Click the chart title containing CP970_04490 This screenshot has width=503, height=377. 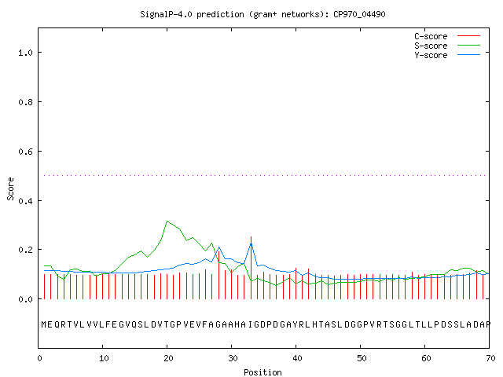263,14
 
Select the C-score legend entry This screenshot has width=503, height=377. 447,36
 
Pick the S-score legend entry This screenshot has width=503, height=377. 447,46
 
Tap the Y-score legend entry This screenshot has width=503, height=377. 447,55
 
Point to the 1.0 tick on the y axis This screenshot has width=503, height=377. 25,53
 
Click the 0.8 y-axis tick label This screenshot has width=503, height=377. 25,102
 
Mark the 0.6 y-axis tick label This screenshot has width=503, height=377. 25,152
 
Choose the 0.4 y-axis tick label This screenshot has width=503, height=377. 25,201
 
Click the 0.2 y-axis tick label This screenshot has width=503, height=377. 25,250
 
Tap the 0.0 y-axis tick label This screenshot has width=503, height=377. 25,299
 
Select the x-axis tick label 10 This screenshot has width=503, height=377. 103,358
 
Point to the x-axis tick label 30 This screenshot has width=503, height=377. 233,358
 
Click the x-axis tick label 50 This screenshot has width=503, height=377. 362,358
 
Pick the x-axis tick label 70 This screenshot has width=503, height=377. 490,358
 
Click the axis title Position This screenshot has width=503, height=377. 263,372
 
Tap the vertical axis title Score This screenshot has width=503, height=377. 10,188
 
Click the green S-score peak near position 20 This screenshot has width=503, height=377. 167,221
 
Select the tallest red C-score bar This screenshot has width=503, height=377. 251,268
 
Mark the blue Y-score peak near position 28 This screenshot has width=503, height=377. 218,247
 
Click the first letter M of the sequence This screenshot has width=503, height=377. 44,324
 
